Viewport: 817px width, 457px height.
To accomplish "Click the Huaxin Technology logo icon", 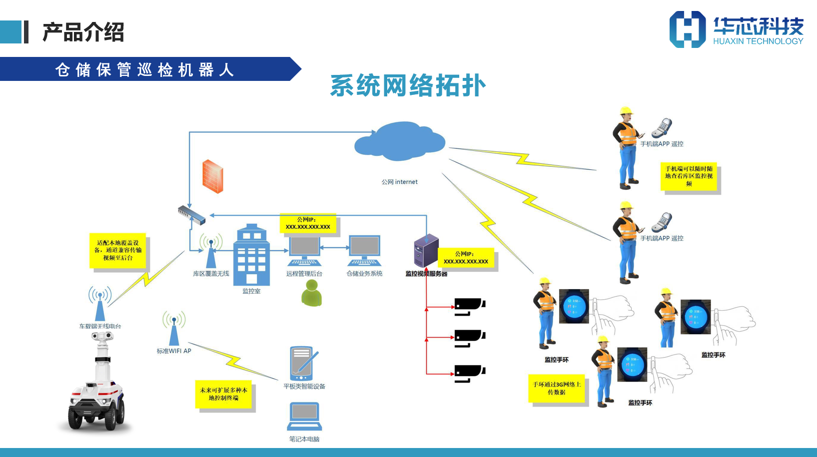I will click(687, 29).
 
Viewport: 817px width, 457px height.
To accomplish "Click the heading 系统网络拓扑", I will click(408, 85).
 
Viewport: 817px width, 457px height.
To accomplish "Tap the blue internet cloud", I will click(400, 141).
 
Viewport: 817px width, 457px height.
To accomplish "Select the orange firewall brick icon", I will click(212, 176).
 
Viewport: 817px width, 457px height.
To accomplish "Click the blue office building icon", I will click(251, 255).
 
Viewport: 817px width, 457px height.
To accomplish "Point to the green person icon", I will click(312, 293).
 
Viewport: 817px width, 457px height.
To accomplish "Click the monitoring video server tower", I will click(426, 251).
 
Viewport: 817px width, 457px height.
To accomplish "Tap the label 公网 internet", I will click(399, 182).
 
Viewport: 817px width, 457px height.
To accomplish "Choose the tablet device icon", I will click(303, 363).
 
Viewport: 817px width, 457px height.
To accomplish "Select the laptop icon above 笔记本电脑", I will click(304, 416).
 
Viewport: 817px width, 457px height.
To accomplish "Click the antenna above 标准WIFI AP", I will click(174, 328).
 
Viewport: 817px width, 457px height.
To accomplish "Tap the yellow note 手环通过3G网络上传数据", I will click(557, 388).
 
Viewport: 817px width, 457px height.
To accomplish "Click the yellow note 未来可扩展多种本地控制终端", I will click(223, 394).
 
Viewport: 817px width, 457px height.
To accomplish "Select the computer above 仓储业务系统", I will click(364, 251).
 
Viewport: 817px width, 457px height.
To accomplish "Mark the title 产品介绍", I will click(83, 32).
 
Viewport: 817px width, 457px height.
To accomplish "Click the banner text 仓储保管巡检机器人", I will click(144, 69).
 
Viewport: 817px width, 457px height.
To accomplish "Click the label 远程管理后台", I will click(304, 274).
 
